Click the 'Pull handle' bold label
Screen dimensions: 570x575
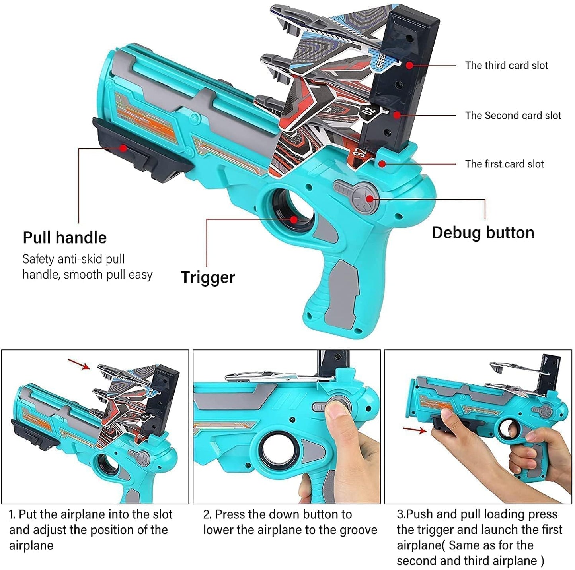click(64, 238)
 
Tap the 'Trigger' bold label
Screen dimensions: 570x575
click(208, 277)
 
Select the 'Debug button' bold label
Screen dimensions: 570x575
click(483, 233)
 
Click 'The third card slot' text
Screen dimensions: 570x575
click(506, 66)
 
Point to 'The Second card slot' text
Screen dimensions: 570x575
click(513, 116)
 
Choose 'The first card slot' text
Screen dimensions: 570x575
click(504, 164)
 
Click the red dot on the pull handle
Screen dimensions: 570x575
click(123, 148)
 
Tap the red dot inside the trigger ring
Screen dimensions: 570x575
click(294, 219)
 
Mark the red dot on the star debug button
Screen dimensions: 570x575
click(370, 199)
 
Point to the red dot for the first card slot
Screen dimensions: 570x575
click(382, 163)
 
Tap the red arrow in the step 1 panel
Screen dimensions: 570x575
click(79, 364)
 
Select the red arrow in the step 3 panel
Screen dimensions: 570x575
click(414, 430)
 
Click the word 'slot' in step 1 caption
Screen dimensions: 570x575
click(162, 514)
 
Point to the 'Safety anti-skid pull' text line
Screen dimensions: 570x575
click(74, 259)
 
